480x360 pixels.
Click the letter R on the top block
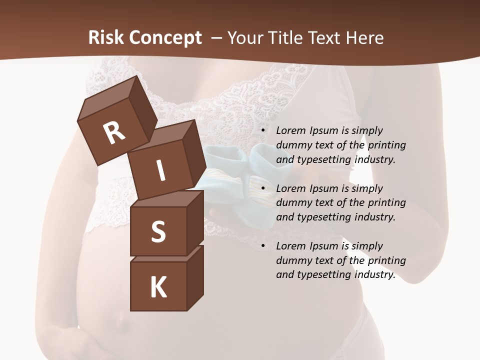pos(114,132)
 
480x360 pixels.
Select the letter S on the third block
pos(158,231)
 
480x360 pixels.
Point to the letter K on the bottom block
pos(158,287)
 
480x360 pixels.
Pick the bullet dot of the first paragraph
pos(263,130)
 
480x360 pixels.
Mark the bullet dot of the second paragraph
pos(263,188)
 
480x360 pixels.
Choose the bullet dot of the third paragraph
pos(263,246)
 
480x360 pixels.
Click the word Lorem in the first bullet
pos(290,130)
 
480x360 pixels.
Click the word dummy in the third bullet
pos(292,260)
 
